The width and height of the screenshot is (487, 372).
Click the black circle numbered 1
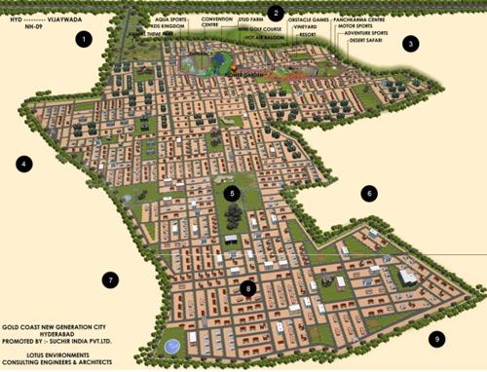click(84, 40)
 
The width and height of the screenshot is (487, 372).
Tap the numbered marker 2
click(277, 14)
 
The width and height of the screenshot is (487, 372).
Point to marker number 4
click(24, 164)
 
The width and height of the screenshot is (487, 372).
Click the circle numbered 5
click(232, 194)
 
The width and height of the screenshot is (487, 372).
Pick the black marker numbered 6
click(368, 194)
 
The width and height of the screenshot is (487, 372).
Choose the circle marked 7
click(111, 280)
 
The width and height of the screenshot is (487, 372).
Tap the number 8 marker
click(248, 288)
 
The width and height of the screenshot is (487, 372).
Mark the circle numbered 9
click(437, 339)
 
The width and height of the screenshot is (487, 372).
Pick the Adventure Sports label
click(365, 32)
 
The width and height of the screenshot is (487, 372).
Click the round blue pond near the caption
click(172, 346)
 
